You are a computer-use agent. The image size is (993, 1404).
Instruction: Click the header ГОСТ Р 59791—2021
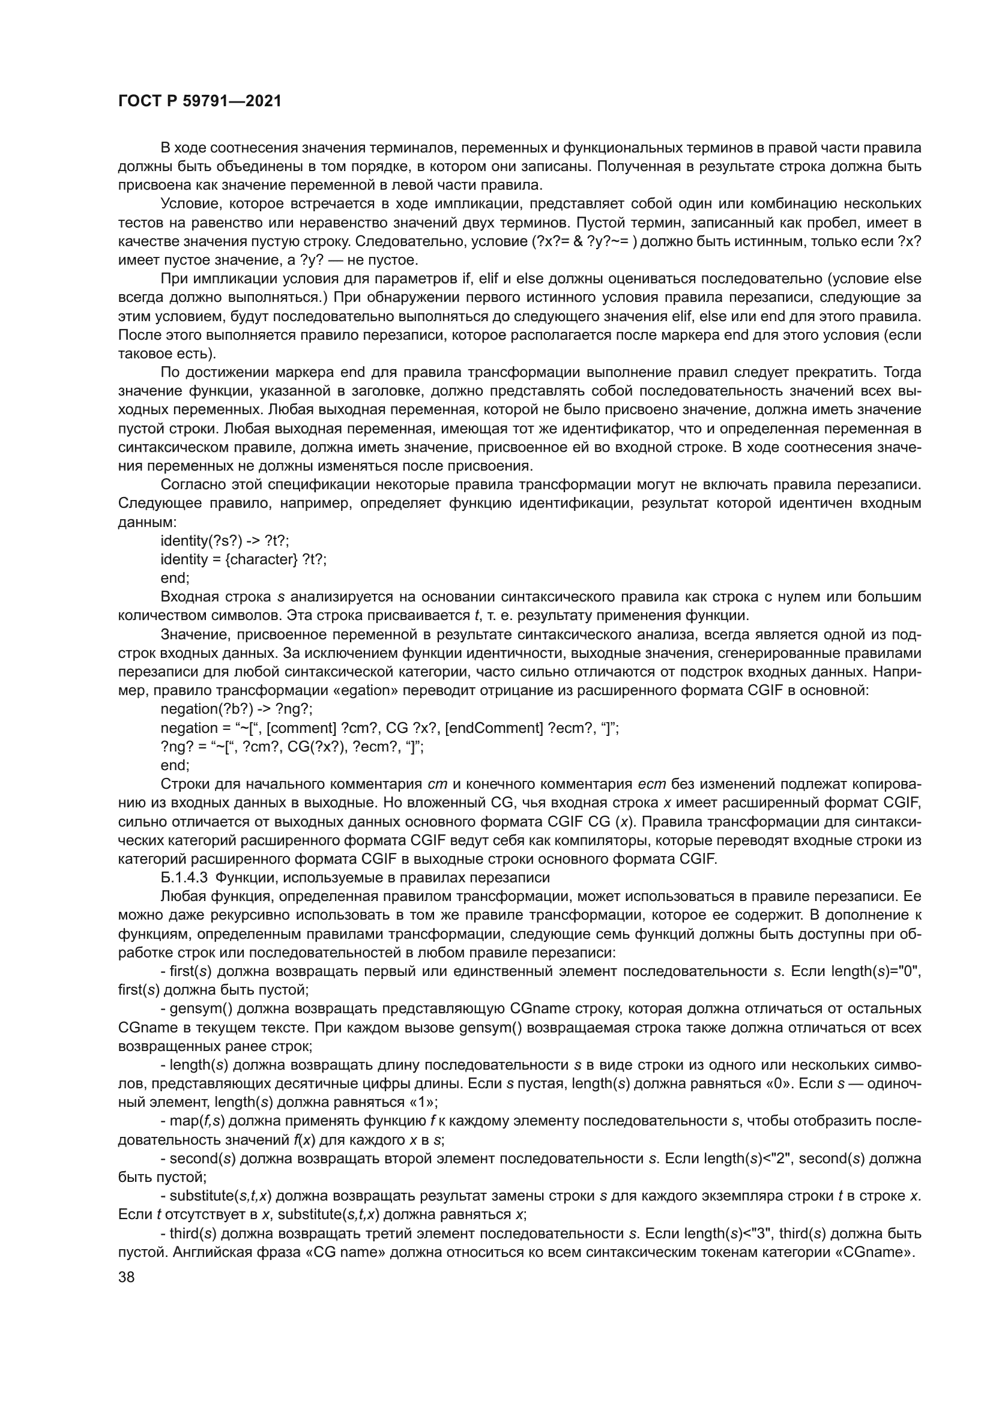click(x=200, y=101)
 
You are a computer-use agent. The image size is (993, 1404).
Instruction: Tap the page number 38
click(x=127, y=1277)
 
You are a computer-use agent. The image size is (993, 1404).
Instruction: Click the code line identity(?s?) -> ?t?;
click(x=225, y=541)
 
